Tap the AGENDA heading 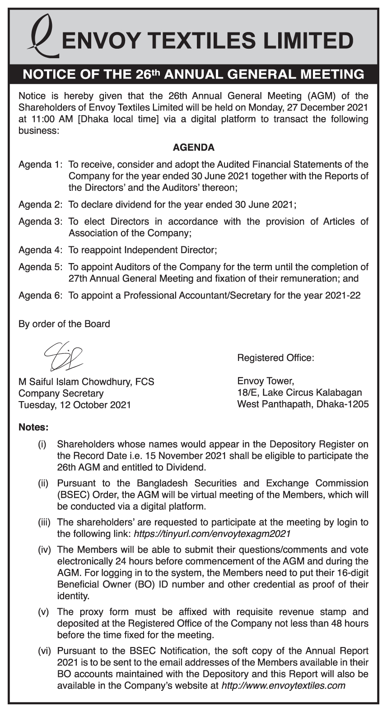coord(193,148)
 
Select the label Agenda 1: coord(40,165)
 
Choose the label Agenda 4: coord(40,250)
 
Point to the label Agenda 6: coord(40,296)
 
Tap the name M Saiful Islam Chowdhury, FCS coord(86,382)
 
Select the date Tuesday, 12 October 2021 coord(75,405)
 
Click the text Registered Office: coord(275,358)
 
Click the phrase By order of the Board coord(64,324)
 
